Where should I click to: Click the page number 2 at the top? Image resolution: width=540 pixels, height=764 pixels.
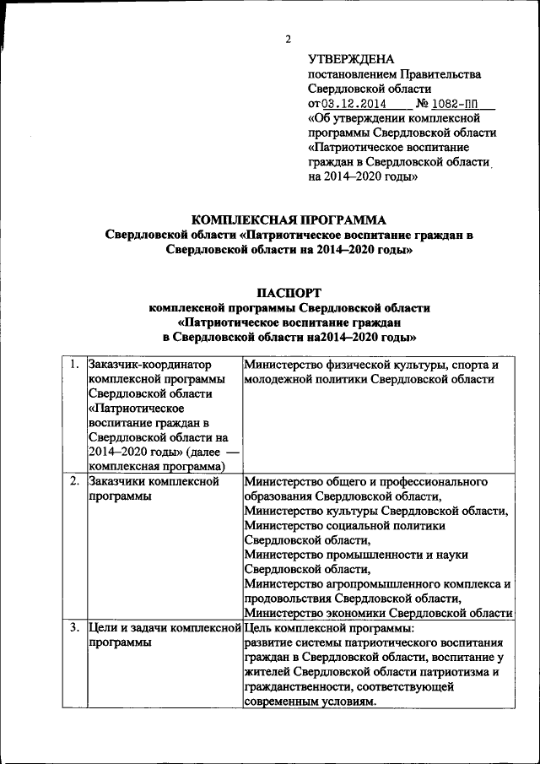pyautogui.click(x=288, y=39)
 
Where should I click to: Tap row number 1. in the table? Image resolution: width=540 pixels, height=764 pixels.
pyautogui.click(x=75, y=365)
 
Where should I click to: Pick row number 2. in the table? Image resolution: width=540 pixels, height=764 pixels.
pyautogui.click(x=75, y=482)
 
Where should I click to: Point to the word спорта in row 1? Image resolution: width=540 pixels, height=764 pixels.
pyautogui.click(x=469, y=365)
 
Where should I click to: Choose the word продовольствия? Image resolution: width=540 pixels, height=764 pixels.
pyautogui.click(x=286, y=599)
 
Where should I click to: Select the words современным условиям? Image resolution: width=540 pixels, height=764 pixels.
pyautogui.click(x=309, y=702)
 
